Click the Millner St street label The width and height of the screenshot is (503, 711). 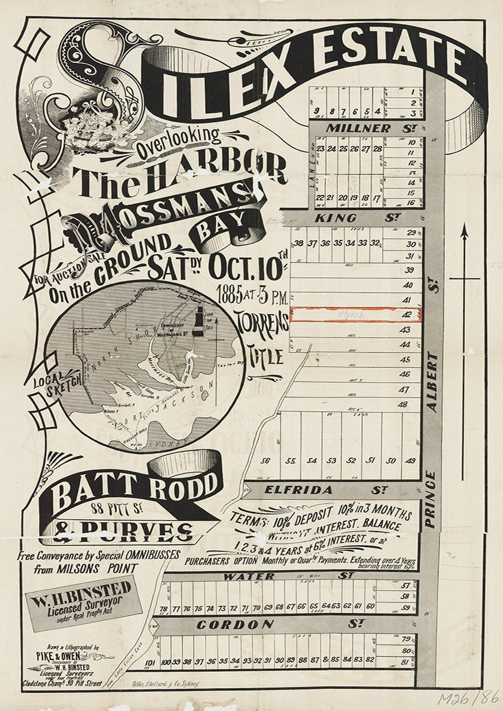coord(361,128)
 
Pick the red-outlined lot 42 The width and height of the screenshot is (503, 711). coord(355,315)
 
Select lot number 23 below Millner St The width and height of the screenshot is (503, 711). coord(321,149)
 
